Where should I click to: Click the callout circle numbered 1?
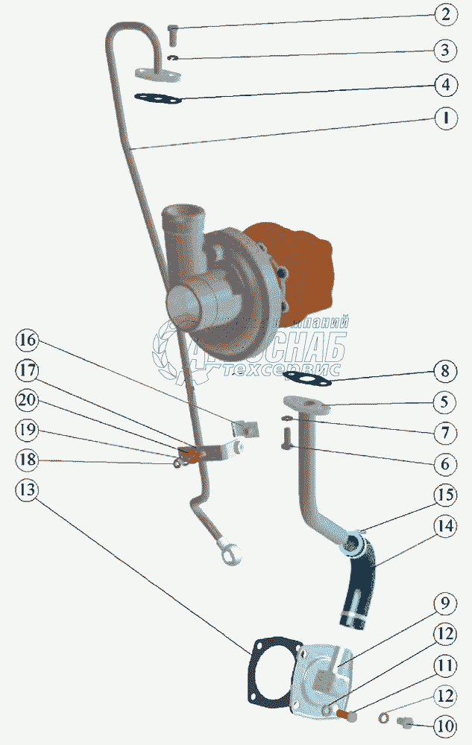[x=445, y=118]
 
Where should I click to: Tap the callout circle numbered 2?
[x=445, y=15]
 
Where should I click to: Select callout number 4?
[x=445, y=83]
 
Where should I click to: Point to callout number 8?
[x=445, y=371]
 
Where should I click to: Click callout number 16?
[x=28, y=341]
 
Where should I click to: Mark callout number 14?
[x=445, y=526]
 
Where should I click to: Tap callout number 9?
[x=445, y=602]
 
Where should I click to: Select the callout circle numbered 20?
[x=28, y=400]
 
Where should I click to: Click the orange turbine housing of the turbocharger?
[x=295, y=264]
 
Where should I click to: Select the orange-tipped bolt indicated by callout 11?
[x=347, y=716]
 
